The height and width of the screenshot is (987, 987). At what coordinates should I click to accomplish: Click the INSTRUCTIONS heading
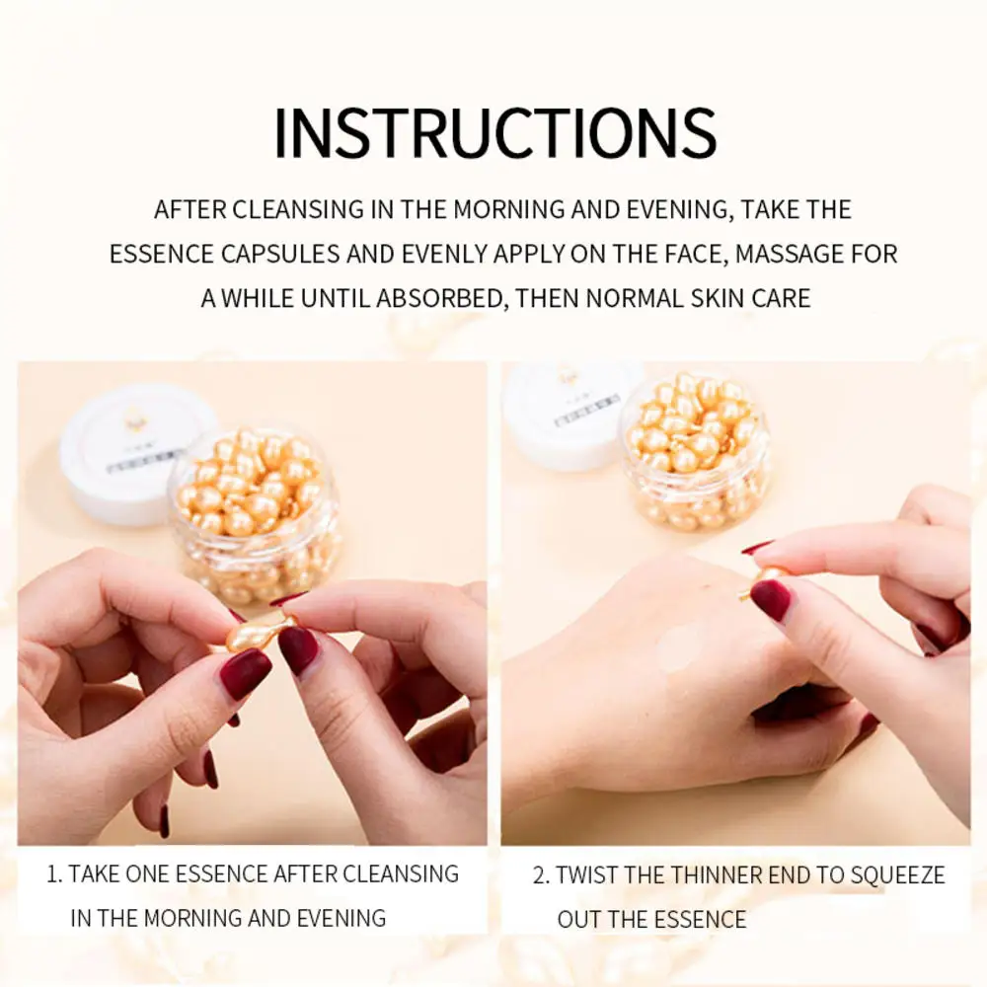coord(494,132)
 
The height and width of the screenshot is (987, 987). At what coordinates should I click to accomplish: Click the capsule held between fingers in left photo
coord(259,631)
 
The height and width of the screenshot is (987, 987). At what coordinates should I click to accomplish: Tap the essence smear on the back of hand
coord(679,648)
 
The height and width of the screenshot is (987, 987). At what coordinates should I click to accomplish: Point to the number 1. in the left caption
coord(55,873)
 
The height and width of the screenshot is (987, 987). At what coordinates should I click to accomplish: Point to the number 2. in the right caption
coord(541,875)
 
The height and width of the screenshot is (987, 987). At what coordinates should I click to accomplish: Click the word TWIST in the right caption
coord(591,875)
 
